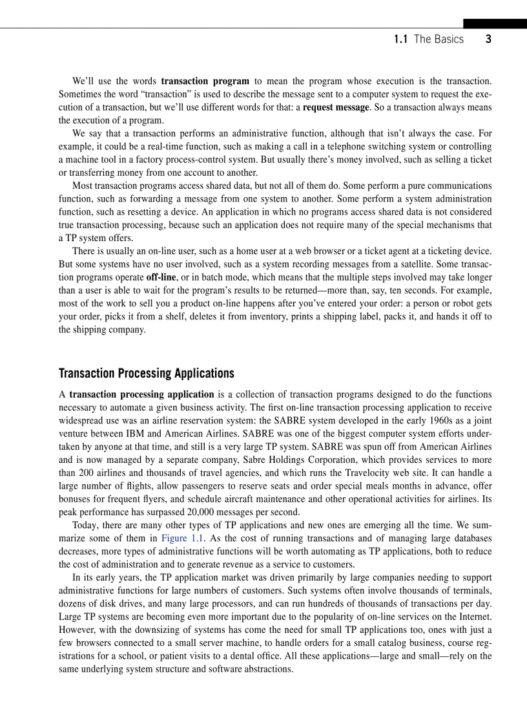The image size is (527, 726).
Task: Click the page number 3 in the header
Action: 488,39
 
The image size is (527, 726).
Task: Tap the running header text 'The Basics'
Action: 439,39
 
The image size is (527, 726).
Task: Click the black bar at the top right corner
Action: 495,23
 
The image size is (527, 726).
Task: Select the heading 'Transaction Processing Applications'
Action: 146,374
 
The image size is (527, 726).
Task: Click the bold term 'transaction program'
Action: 205,81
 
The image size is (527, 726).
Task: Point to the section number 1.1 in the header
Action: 400,39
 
